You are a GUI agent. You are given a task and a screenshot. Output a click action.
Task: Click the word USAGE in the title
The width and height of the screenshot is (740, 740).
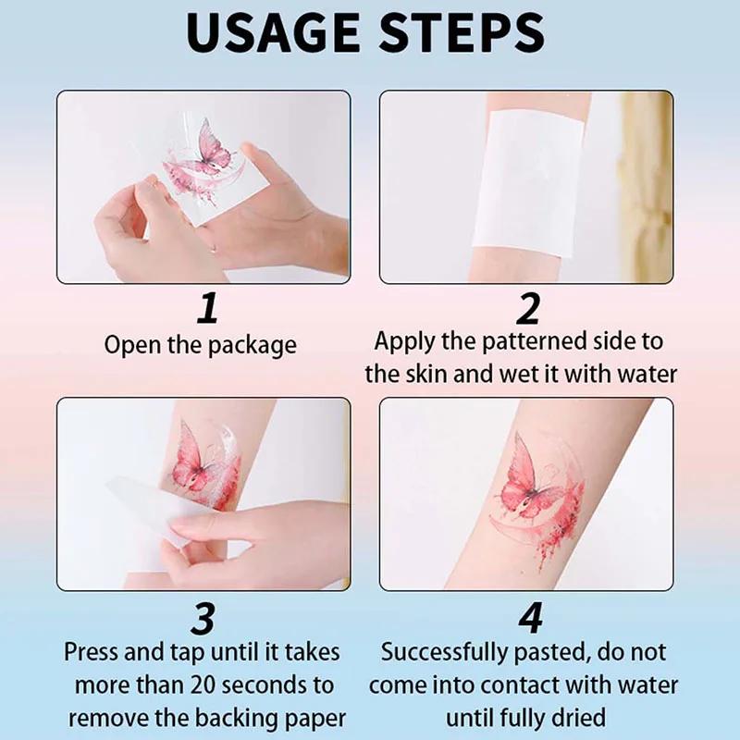coord(277,34)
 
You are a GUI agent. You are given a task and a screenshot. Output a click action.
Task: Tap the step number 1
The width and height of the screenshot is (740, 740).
coord(209,307)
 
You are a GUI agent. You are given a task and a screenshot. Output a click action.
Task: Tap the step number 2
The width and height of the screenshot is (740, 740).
coord(527,307)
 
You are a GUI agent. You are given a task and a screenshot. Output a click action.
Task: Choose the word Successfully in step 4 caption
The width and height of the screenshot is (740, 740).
coord(450,652)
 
